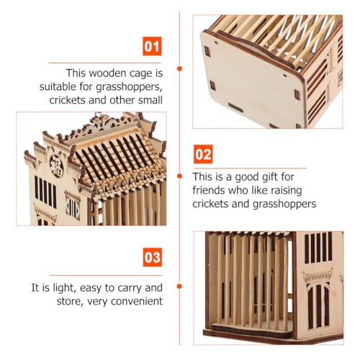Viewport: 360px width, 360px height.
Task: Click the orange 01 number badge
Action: pos(152,46)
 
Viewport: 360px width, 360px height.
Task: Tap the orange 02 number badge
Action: pos(203,154)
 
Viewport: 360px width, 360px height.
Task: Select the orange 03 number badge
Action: pos(153,257)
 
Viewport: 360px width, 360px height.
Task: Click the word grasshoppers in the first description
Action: pos(129,87)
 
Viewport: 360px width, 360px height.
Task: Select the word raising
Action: pos(286,191)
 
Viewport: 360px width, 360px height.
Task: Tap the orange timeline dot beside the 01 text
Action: pos(179,68)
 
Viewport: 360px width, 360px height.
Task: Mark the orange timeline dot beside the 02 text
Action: pos(179,176)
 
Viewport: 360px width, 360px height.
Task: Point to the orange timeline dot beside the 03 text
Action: pos(179,287)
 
